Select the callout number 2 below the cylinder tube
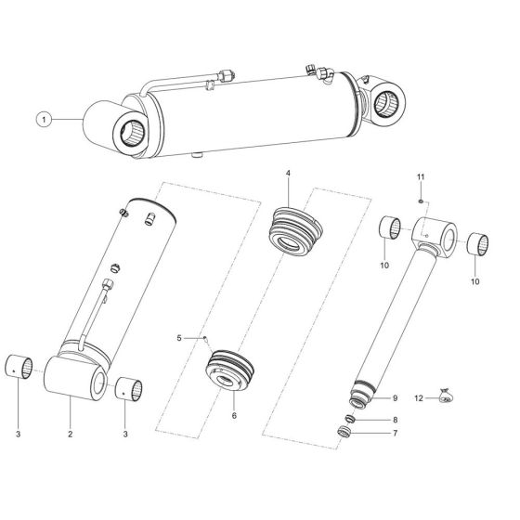[71, 433]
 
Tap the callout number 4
[288, 174]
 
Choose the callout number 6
[234, 415]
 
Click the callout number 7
[395, 433]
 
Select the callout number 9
[395, 398]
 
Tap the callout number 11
[420, 176]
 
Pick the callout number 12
[420, 397]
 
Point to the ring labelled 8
[356, 417]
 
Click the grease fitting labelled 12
[447, 397]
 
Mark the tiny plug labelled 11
[420, 198]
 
